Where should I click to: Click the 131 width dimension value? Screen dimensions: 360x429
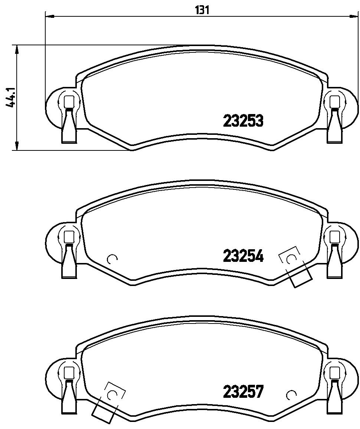pyautogui.click(x=202, y=10)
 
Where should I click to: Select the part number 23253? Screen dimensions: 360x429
pyautogui.click(x=243, y=121)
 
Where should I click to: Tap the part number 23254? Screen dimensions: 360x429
pyautogui.click(x=243, y=256)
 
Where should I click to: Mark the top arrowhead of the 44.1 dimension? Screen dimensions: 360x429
pyautogui.click(x=17, y=50)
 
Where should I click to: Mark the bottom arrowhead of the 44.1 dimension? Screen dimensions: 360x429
pyautogui.click(x=17, y=145)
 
